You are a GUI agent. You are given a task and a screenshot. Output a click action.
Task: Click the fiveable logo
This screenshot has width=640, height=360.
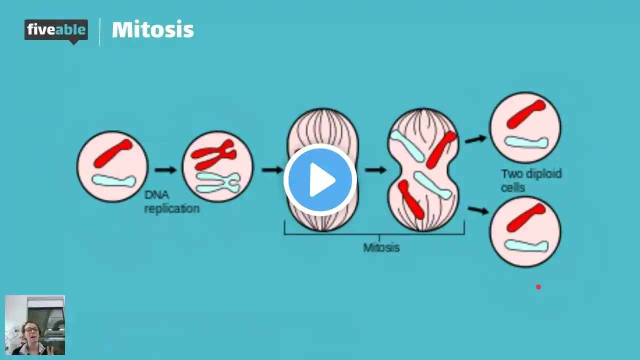(x=56, y=30)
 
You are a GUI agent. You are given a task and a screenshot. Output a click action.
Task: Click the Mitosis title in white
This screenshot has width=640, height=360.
(x=152, y=30)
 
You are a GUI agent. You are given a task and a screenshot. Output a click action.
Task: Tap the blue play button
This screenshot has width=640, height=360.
(x=320, y=179)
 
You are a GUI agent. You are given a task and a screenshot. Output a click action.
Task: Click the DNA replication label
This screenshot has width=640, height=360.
(x=171, y=201)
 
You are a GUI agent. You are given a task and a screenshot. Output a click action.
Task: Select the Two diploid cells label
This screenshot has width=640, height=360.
(x=531, y=180)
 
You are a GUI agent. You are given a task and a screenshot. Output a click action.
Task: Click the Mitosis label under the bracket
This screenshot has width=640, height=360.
(x=381, y=247)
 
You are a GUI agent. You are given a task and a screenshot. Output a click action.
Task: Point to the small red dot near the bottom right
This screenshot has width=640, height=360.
(x=538, y=287)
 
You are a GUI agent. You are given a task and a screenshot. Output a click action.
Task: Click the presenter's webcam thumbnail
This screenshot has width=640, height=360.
(x=35, y=325)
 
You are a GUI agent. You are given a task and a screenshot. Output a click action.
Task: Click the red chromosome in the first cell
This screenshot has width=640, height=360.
(x=113, y=153)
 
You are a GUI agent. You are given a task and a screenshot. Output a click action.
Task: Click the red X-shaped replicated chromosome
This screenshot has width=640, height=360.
(x=213, y=154)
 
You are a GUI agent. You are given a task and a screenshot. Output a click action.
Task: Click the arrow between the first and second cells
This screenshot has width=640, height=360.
(x=165, y=170)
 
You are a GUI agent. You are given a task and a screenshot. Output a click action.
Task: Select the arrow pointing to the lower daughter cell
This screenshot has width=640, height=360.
(x=478, y=210)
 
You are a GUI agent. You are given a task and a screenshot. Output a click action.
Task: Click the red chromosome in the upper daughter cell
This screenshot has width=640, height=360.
(x=526, y=114)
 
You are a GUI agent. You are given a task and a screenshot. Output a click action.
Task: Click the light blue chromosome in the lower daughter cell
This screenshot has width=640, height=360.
(x=526, y=245)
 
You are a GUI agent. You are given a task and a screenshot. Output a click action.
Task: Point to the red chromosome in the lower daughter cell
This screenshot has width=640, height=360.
(x=526, y=217)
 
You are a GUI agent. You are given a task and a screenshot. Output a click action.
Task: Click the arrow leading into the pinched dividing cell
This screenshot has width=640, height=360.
(x=375, y=170)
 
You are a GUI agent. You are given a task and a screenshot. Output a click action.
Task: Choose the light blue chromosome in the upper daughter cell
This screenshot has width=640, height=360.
(x=526, y=142)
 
